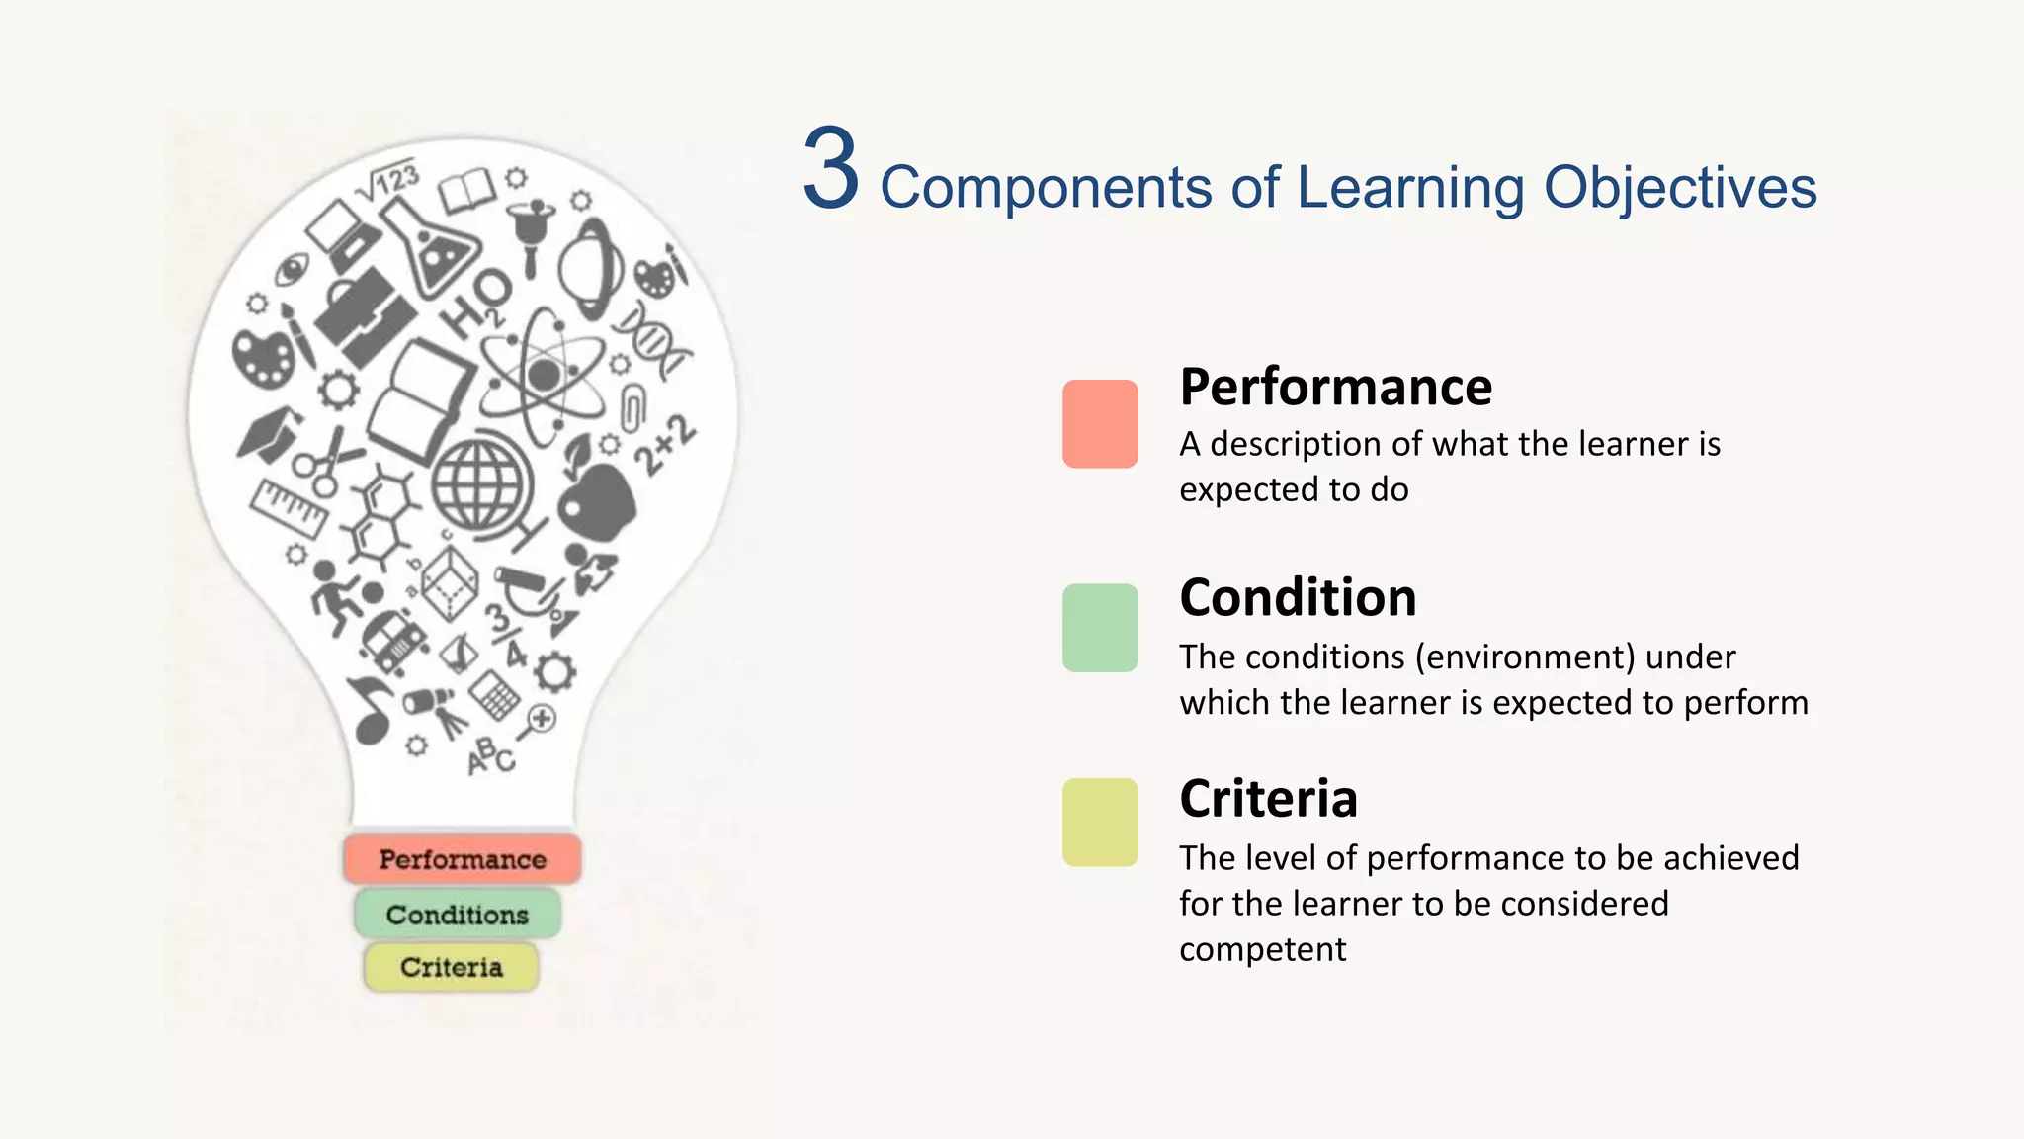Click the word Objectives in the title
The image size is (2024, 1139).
(x=1679, y=188)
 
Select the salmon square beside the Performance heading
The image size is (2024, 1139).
(x=1100, y=423)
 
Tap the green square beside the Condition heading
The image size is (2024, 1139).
(x=1100, y=628)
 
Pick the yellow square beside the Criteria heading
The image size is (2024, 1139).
(x=1100, y=823)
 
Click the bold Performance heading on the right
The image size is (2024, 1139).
(x=1335, y=387)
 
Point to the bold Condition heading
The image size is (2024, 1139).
(x=1298, y=598)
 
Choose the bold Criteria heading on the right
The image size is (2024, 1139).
(x=1268, y=799)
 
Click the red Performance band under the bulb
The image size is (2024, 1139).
(x=462, y=859)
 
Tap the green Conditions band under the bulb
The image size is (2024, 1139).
(x=458, y=915)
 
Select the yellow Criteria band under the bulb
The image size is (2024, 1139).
(x=452, y=967)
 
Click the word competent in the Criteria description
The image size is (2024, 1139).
(x=1262, y=950)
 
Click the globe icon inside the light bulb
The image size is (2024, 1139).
(x=479, y=486)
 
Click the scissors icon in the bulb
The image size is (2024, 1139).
(x=327, y=461)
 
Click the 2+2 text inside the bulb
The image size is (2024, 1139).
(x=664, y=445)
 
